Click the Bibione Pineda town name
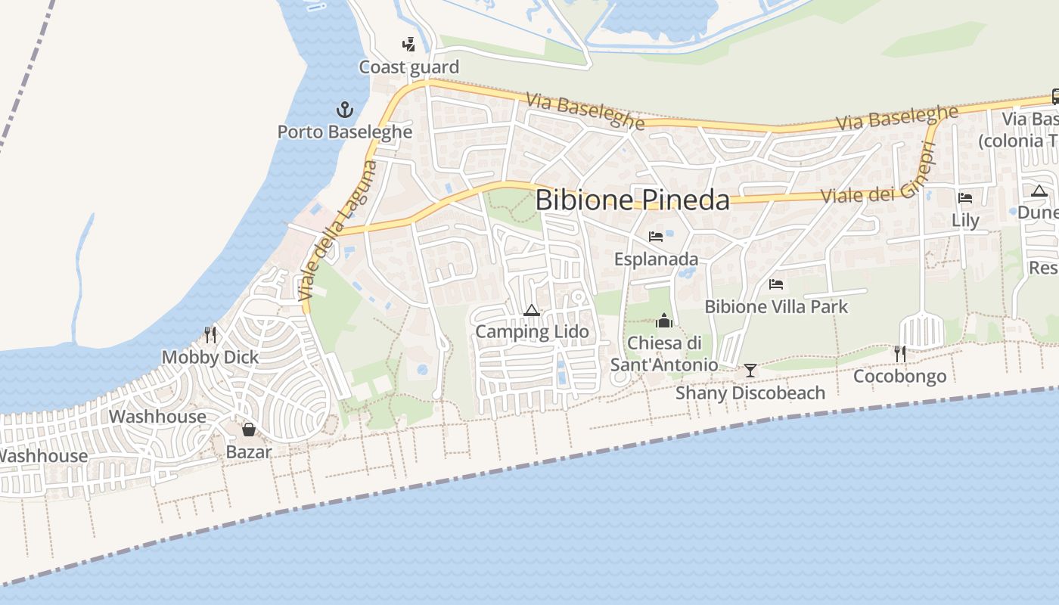(632, 200)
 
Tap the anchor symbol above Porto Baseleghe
(345, 110)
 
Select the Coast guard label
(408, 67)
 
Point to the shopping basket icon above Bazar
(249, 430)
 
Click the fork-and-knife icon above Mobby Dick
(210, 334)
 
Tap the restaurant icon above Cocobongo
(899, 353)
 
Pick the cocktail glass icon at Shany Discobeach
(750, 370)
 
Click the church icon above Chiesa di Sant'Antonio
(664, 321)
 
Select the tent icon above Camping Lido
(532, 310)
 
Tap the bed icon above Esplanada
(656, 237)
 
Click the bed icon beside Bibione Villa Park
(776, 284)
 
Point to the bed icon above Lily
(965, 198)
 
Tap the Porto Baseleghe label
(345, 132)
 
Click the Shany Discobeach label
(750, 393)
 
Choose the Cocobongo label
(899, 377)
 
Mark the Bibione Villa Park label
(776, 307)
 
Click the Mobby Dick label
(210, 358)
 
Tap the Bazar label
(249, 453)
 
